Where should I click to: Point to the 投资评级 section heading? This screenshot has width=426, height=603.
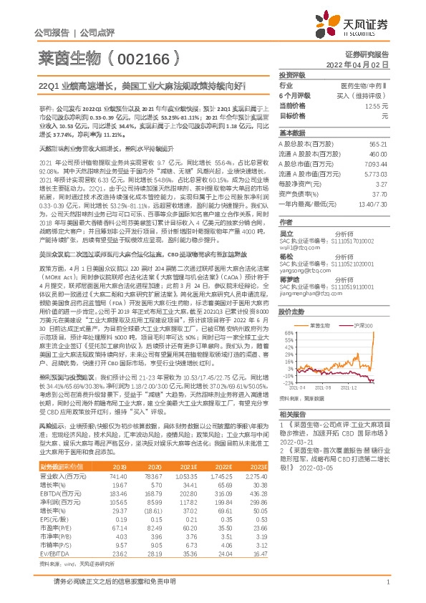click(x=292, y=74)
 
